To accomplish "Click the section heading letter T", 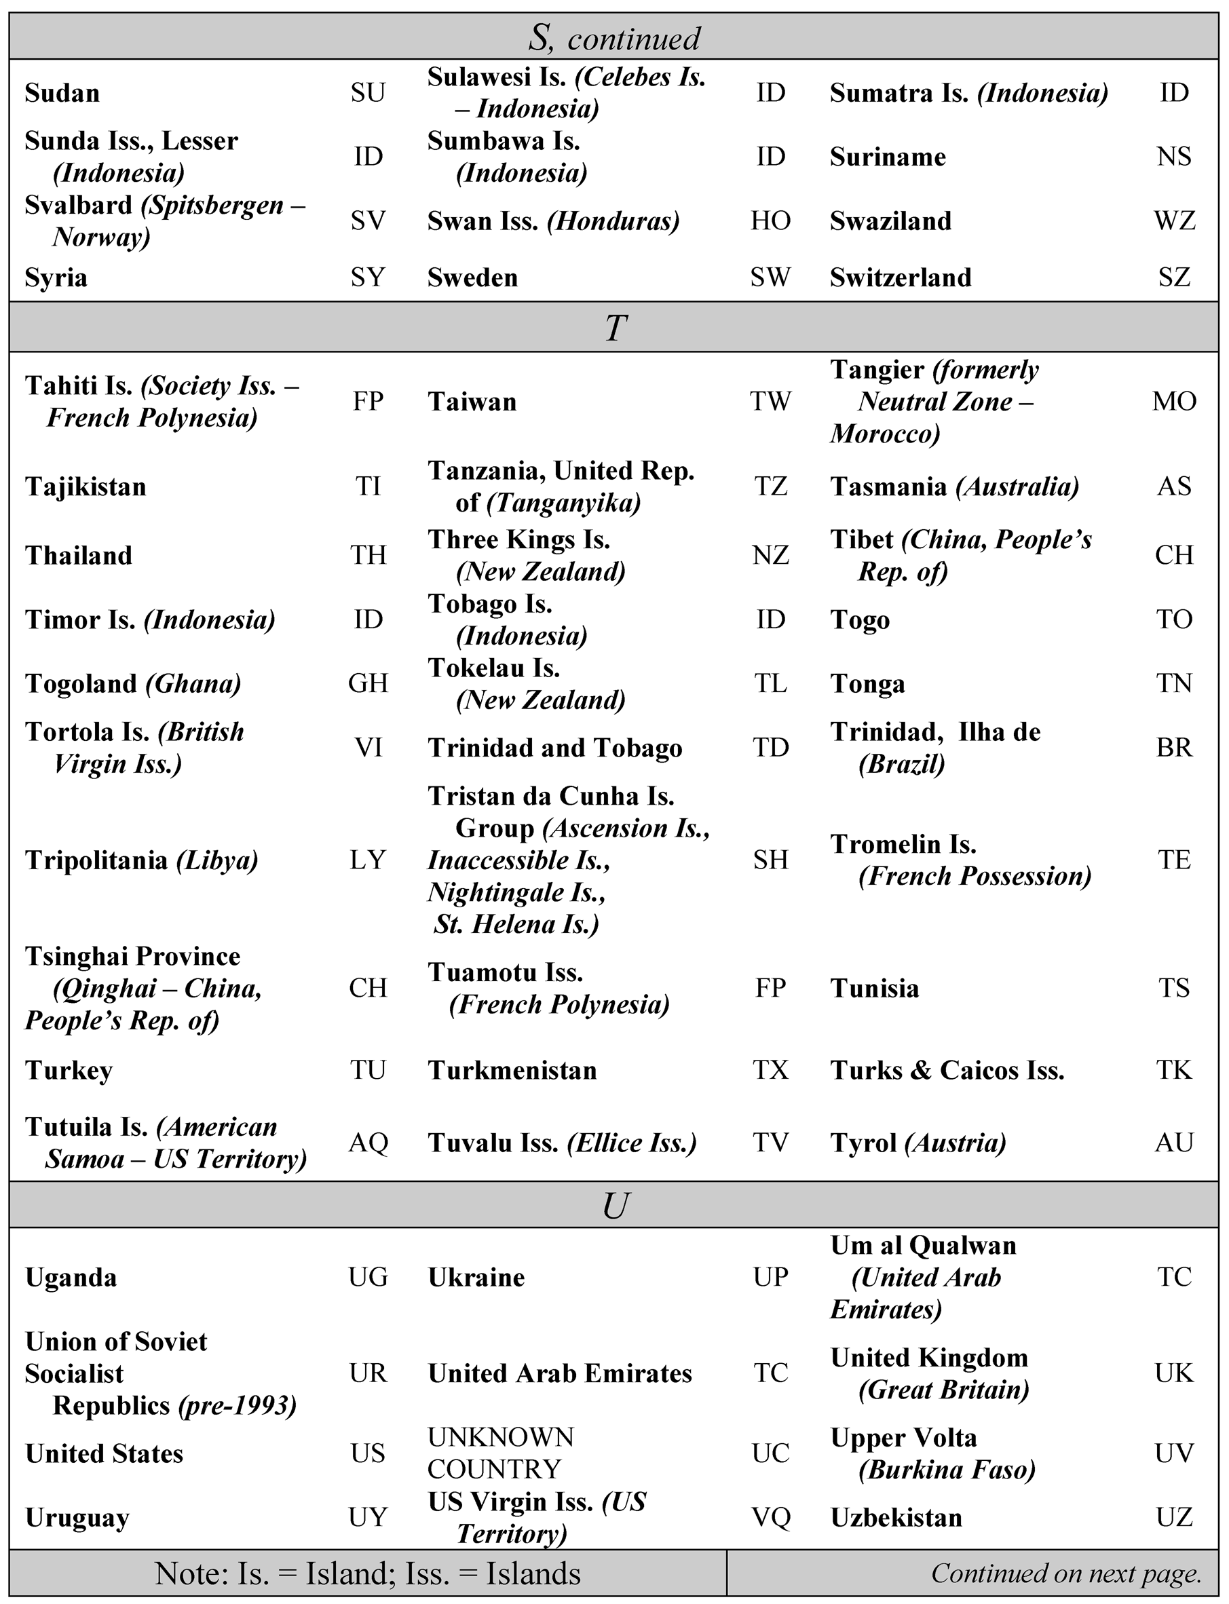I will coord(616,328).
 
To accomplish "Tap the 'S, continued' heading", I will coord(615,38).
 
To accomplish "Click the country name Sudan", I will coord(62,94).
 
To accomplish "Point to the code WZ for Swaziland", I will coord(1174,221).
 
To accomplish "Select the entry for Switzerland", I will coord(901,278).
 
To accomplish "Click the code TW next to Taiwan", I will coord(770,402).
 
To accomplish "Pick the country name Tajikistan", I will coord(86,487).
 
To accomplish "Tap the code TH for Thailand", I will coord(368,556).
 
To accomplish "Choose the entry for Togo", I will coord(860,620).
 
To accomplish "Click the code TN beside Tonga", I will coord(1174,684).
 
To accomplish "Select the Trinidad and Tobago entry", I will coord(554,748).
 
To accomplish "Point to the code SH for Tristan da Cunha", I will coord(770,860).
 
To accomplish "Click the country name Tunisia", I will coord(874,989).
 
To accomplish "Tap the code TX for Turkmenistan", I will coord(770,1071).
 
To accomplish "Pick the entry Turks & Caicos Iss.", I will coord(947,1071).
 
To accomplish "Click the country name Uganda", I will coord(71,1278).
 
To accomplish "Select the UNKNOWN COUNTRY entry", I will coord(501,1453).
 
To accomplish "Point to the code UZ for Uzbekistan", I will coord(1174,1518).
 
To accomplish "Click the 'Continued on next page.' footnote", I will coord(1066,1573).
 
